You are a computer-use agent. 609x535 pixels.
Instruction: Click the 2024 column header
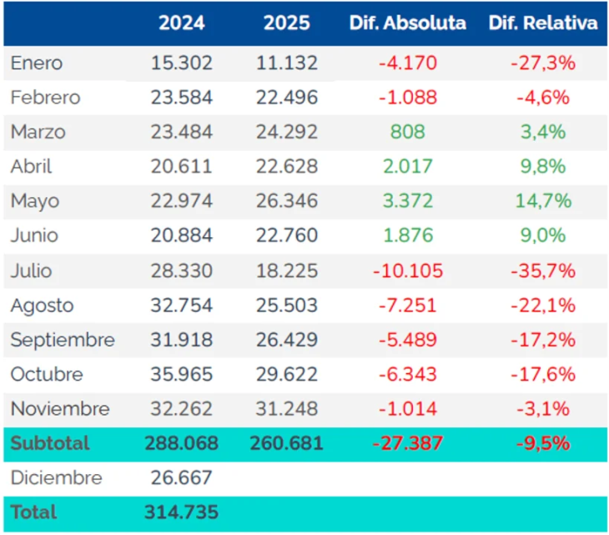coord(182,23)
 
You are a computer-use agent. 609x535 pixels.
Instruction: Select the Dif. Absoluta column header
coord(407,23)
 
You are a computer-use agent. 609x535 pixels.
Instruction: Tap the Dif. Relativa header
coord(543,23)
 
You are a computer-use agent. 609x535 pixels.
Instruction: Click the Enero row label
coord(37,63)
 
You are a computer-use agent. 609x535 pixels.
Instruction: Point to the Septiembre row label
coord(63,340)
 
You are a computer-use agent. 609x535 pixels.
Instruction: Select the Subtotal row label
coord(50,443)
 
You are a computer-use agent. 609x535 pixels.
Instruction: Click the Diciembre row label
coord(56,478)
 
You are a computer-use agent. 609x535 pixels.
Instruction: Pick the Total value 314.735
coord(182,512)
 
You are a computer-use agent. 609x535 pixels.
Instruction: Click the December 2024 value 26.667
coord(182,478)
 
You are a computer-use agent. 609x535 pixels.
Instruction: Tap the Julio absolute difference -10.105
coord(407,270)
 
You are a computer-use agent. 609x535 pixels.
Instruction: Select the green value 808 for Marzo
coord(407,132)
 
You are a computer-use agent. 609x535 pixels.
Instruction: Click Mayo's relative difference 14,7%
coord(543,201)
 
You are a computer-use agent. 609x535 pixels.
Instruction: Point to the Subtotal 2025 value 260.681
coord(286,443)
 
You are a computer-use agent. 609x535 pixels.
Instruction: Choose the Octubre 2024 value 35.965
coord(182,374)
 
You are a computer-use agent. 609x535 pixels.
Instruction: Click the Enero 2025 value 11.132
coord(286,63)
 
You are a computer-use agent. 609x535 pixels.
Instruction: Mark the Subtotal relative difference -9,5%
coord(543,443)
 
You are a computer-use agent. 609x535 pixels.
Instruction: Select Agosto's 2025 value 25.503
coord(286,305)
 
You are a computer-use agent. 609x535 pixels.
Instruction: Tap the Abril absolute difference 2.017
coord(407,166)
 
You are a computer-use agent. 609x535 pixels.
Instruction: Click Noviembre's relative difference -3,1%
coord(543,409)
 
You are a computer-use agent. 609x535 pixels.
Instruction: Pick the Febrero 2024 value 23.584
coord(182,97)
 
